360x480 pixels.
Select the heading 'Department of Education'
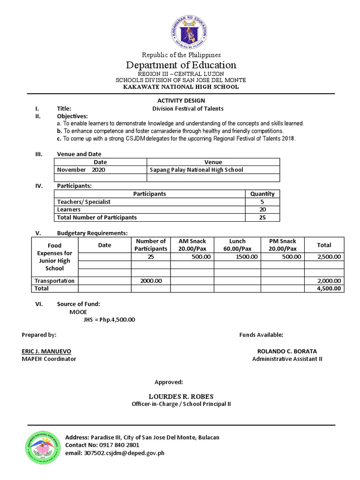tap(180, 65)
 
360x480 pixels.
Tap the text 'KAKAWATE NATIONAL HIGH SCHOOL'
tap(180, 87)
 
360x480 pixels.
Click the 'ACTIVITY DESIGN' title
tap(180, 100)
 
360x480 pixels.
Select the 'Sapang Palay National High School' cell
tap(196, 170)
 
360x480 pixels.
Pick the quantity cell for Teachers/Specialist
tap(262, 202)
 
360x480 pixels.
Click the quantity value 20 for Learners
tap(262, 210)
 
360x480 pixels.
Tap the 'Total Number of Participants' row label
tap(97, 217)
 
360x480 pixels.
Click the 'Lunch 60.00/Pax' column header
tap(237, 245)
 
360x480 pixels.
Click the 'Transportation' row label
tap(54, 281)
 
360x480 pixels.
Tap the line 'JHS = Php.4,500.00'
tap(109, 320)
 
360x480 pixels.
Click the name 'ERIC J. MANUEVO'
tap(46, 351)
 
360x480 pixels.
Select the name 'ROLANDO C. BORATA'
tap(287, 351)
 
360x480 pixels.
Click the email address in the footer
tap(115, 453)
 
